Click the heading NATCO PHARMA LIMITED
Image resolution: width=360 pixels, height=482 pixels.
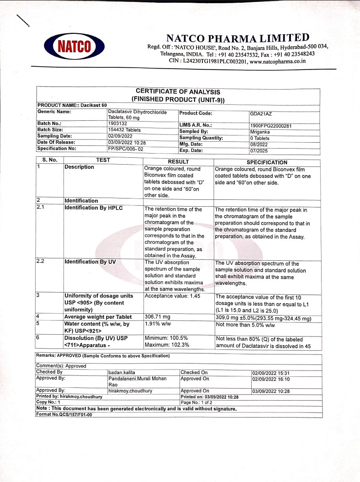(x=238, y=38)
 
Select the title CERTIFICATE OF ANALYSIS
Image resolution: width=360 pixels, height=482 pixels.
(x=178, y=92)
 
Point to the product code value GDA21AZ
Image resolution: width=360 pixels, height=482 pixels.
(x=261, y=113)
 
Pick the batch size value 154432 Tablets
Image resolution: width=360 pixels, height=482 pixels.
(x=124, y=130)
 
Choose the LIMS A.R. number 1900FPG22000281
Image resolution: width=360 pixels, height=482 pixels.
(x=271, y=125)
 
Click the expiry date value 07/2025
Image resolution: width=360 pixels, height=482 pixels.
(x=258, y=150)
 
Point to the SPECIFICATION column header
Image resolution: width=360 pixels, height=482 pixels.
(x=267, y=162)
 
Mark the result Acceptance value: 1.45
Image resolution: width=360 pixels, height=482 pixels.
(x=172, y=296)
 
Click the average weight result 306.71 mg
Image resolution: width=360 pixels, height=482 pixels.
(x=157, y=317)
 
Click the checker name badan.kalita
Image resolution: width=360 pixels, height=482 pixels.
(x=122, y=372)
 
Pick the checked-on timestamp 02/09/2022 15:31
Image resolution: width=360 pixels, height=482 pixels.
(x=270, y=373)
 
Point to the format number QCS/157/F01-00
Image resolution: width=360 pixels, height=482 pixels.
(x=64, y=415)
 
